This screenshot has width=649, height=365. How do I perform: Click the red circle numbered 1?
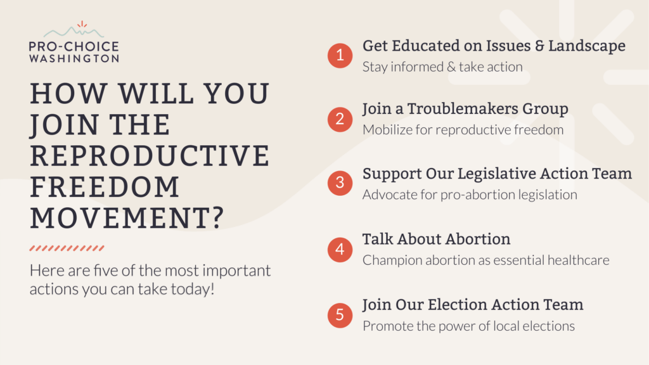pos(340,56)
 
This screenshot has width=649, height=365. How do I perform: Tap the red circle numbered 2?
pos(340,120)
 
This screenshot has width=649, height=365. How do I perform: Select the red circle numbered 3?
pos(340,183)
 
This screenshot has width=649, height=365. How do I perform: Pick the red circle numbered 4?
pos(340,250)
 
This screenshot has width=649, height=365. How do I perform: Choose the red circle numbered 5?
pos(340,316)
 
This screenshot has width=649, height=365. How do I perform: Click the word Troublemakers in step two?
pos(463,109)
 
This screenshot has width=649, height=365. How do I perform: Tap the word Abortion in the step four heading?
pos(478,239)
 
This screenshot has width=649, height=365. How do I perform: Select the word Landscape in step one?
pos(587,46)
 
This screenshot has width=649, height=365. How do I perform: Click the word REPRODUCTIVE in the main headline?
pos(150,156)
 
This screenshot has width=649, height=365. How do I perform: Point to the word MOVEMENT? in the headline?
pos(127,218)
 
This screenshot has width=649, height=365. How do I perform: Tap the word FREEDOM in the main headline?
pos(105,187)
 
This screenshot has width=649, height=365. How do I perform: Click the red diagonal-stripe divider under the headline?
pos(67,248)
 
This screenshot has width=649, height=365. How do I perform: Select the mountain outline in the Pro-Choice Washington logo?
pos(74,32)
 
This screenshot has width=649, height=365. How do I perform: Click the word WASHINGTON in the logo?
pos(74,58)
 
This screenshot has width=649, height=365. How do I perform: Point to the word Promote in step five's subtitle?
pos(388,326)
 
